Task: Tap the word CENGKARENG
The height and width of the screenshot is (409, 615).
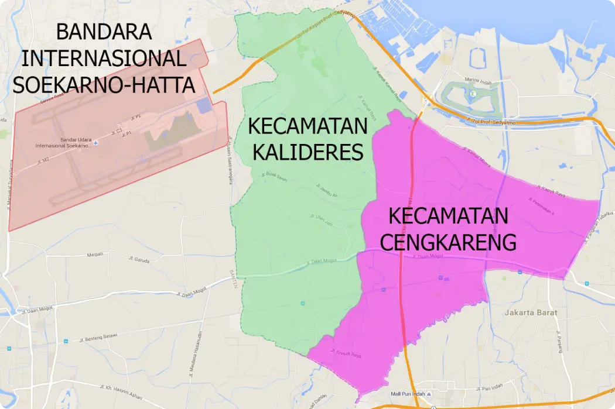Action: [448, 241]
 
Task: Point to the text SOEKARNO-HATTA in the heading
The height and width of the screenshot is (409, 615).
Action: [104, 85]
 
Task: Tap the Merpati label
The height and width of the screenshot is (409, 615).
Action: [95, 254]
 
